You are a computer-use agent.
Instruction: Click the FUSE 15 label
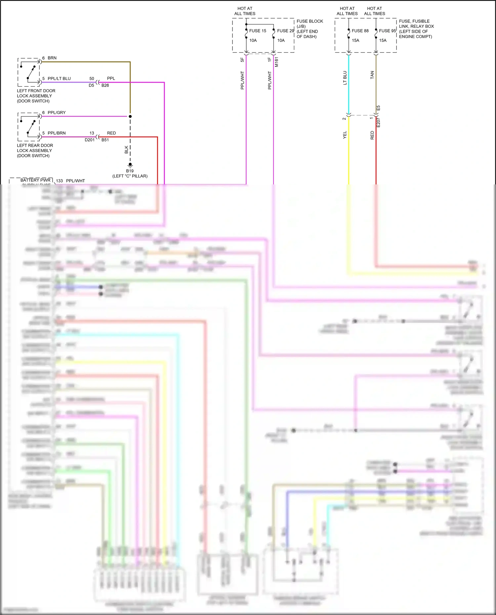point(258,31)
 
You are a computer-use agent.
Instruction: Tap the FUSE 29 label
point(285,31)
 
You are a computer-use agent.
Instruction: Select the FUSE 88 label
point(360,31)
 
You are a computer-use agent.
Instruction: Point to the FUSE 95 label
point(387,31)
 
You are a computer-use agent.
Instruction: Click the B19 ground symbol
point(130,165)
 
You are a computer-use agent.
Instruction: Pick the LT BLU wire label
point(345,78)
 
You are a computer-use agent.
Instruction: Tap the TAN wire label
point(372,75)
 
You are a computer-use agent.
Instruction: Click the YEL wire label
point(345,135)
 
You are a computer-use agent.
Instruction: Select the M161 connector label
point(276,62)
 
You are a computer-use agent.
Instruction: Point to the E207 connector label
point(379,123)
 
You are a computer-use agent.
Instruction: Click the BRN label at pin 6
point(52,58)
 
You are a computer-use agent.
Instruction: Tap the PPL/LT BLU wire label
point(59,78)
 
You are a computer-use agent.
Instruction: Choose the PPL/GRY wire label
point(57,113)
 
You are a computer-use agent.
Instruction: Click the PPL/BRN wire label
point(57,133)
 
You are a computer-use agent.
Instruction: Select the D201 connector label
point(90,140)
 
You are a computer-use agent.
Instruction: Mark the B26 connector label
point(105,85)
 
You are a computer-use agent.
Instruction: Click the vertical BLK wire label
point(126,150)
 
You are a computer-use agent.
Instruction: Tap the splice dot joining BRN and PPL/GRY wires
point(130,116)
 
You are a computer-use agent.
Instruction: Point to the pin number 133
point(60,181)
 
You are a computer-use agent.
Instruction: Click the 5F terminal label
point(242,60)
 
